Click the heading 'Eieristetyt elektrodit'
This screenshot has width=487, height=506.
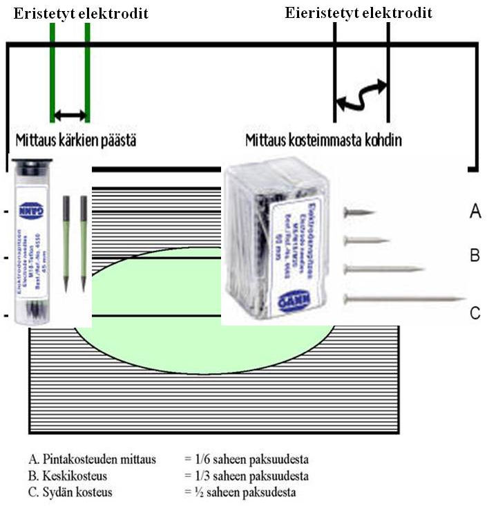click(x=359, y=13)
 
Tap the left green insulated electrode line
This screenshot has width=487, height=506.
click(x=53, y=76)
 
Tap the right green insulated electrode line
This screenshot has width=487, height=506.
click(x=88, y=76)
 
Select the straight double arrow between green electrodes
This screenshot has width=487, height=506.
click(x=70, y=115)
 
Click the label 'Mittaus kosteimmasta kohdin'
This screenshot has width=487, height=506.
click(x=324, y=140)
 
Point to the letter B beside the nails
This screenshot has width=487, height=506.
click(x=475, y=255)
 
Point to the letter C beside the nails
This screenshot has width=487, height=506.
click(x=475, y=313)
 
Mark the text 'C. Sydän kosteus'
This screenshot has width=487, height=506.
click(x=70, y=493)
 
